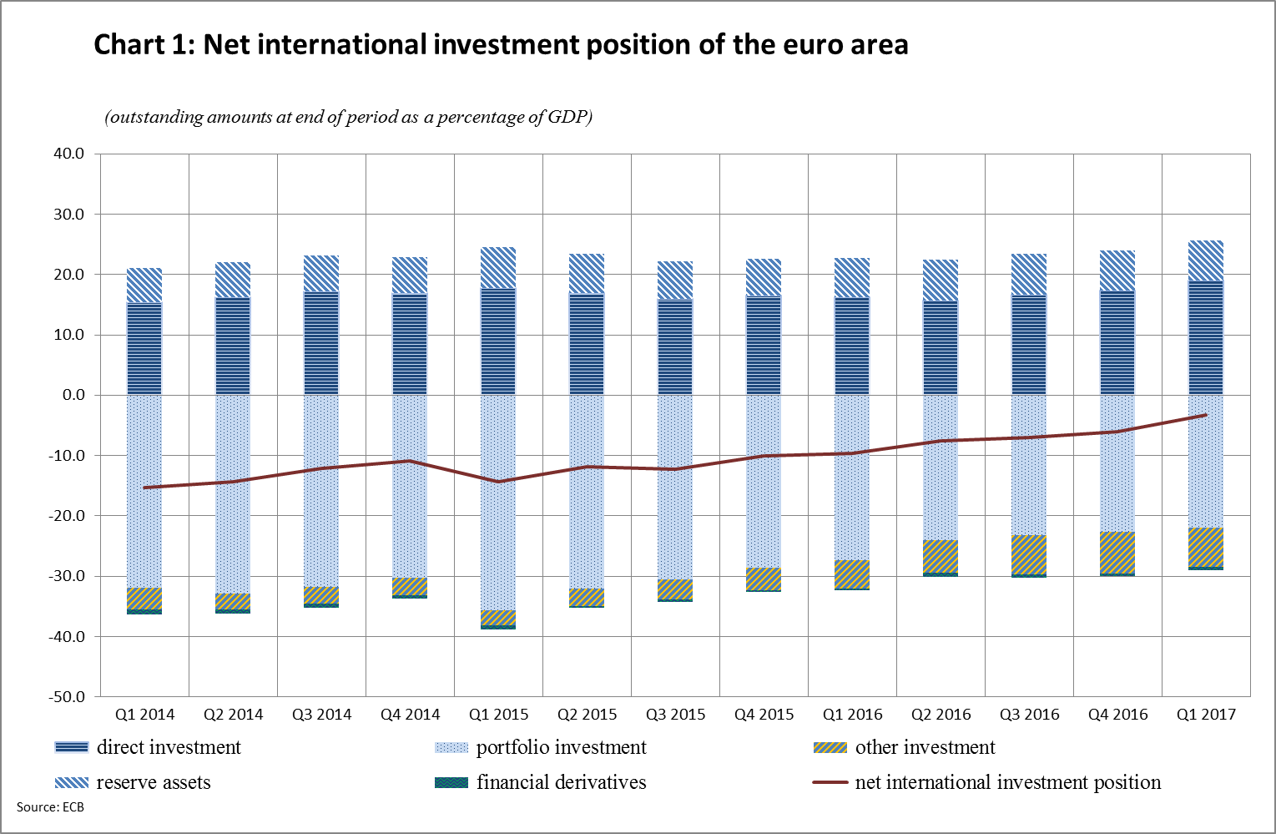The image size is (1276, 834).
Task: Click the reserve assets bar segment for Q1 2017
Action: [x=1206, y=260]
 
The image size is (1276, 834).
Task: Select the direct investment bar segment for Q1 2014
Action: [x=144, y=348]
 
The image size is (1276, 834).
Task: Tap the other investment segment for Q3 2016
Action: [x=1029, y=554]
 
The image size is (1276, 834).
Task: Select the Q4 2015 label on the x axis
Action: [x=764, y=715]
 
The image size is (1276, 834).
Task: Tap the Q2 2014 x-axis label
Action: [x=233, y=715]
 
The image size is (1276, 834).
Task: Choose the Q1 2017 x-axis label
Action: [x=1206, y=715]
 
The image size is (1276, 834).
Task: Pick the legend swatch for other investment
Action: [x=830, y=747]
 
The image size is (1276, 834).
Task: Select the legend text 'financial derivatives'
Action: [x=561, y=782]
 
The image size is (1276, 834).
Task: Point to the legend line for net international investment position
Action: [x=830, y=782]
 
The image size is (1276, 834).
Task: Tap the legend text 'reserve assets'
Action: [x=154, y=782]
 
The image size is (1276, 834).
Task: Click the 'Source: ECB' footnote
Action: [x=50, y=807]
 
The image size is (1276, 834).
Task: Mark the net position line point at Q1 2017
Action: [x=1205, y=414]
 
